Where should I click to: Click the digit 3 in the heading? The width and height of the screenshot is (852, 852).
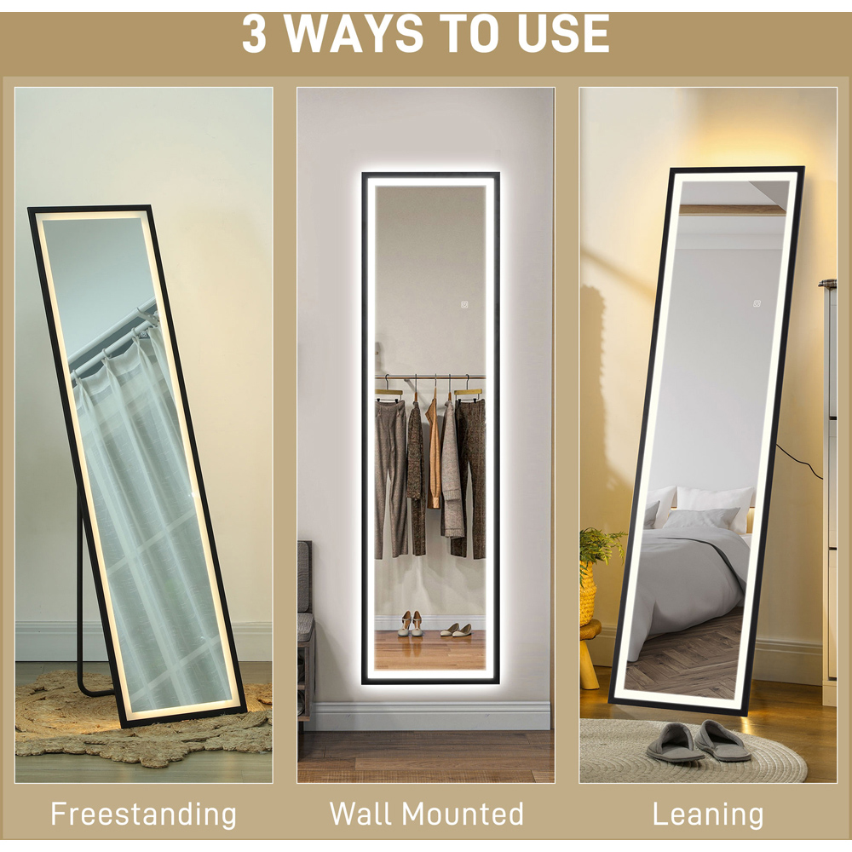[254, 34]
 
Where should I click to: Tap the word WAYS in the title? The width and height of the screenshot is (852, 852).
[354, 34]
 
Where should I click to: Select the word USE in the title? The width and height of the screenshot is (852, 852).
[563, 34]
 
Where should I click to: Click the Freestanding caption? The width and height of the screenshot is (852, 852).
[143, 815]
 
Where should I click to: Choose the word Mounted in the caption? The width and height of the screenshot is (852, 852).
[463, 814]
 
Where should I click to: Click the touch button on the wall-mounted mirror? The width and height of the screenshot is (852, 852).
[465, 305]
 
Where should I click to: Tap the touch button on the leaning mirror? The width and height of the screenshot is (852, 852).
[757, 303]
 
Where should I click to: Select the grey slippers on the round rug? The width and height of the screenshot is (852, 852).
[699, 740]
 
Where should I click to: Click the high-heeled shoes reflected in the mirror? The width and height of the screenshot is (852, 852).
[411, 624]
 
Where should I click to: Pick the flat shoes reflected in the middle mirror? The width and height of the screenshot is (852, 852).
[455, 630]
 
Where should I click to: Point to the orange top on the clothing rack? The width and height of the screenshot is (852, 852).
[434, 452]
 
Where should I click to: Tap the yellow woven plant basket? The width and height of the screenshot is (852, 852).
[587, 596]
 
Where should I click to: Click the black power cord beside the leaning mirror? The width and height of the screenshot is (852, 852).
[799, 461]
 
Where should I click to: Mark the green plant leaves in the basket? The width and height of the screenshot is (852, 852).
[601, 548]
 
